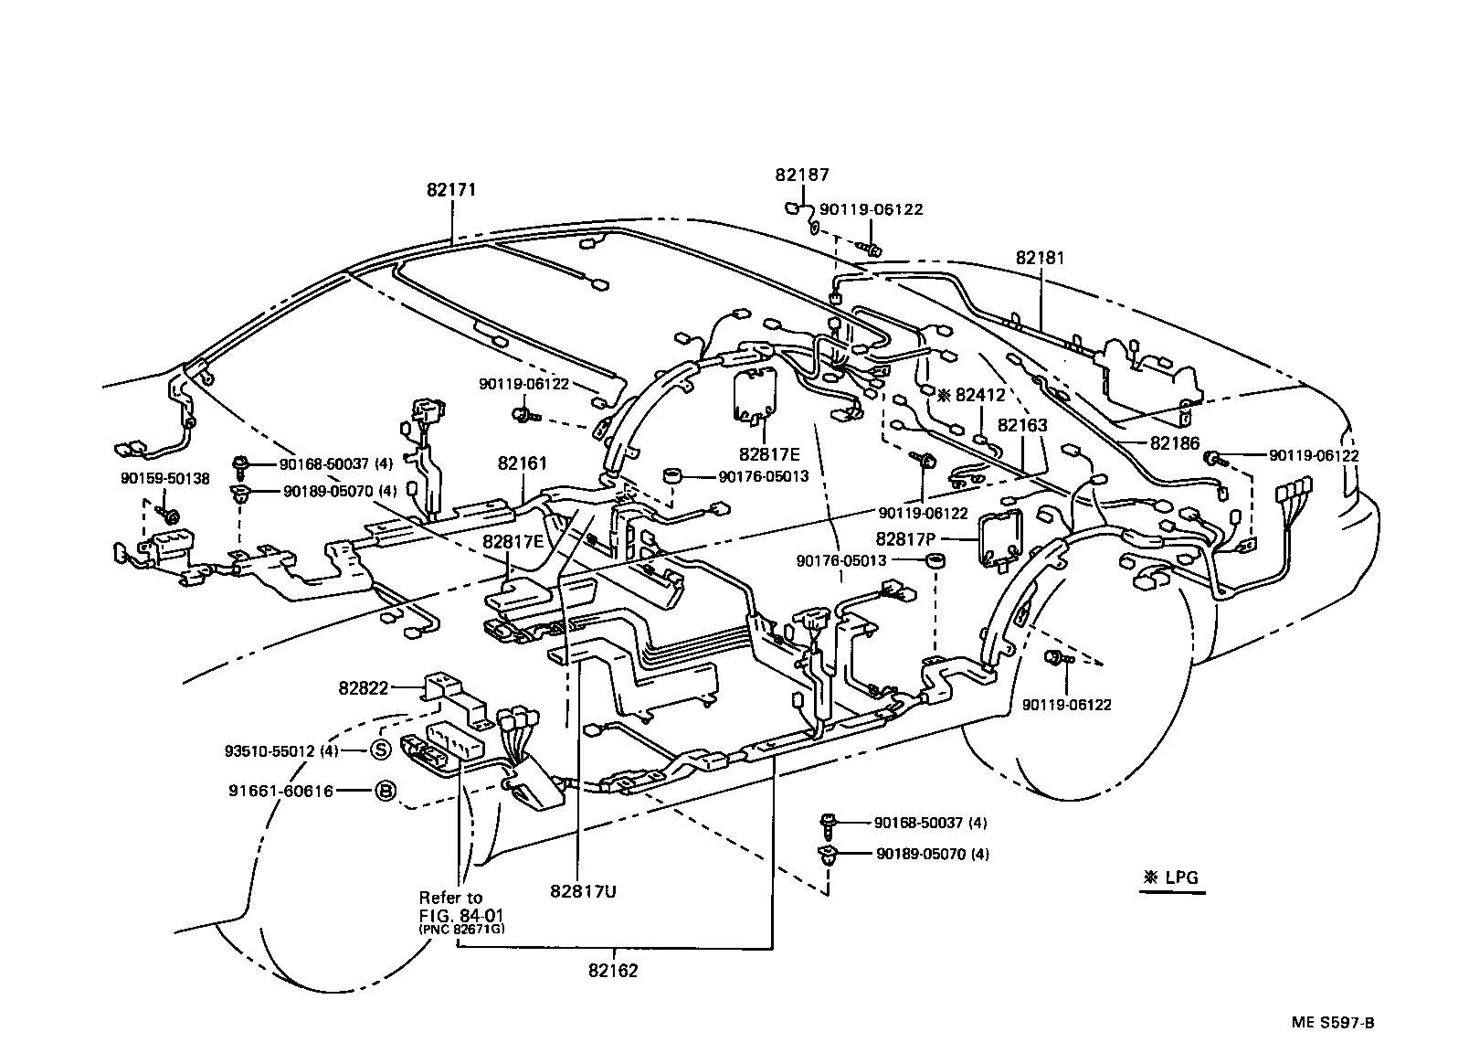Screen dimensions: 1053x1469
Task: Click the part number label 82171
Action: point(451,190)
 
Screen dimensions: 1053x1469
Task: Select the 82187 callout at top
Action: point(802,175)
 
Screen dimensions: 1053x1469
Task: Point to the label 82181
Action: point(1040,259)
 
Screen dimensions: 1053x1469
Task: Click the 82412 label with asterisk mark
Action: point(971,396)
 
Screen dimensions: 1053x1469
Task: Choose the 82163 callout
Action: point(1022,425)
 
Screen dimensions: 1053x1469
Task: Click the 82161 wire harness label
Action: point(523,463)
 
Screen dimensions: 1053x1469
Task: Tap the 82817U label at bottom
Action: point(583,891)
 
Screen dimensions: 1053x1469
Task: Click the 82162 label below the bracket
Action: point(613,971)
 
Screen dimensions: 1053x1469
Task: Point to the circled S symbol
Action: point(380,751)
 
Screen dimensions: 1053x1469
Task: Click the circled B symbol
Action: point(385,792)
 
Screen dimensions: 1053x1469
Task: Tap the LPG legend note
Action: point(1172,878)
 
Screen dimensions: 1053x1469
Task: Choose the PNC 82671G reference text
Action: point(461,929)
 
